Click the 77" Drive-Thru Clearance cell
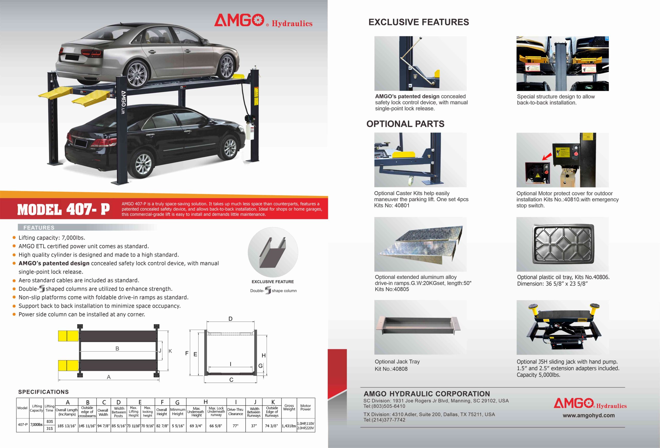[235, 426]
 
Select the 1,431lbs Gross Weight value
[288, 426]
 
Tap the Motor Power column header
[305, 407]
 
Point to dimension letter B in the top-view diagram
[117, 348]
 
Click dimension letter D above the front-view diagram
[230, 319]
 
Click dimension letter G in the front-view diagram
[260, 366]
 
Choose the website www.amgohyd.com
[588, 415]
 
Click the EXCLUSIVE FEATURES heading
[418, 22]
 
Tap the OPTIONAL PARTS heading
[405, 124]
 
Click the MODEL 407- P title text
[63, 210]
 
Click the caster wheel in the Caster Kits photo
[411, 180]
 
